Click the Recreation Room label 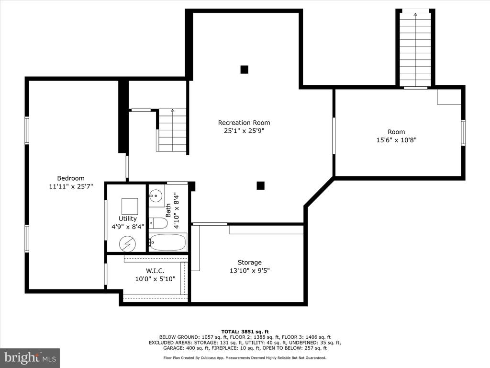[244, 123]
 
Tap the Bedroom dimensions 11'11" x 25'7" [71, 186]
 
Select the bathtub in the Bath [168, 242]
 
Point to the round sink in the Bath [156, 196]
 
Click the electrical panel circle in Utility [127, 243]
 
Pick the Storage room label [249, 262]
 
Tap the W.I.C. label [155, 271]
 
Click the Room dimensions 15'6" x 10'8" [396, 140]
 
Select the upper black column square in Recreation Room [245, 69]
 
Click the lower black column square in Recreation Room [261, 185]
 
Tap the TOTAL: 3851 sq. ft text [245, 332]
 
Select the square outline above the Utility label [130, 206]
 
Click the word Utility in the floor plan [127, 218]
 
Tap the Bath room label [168, 210]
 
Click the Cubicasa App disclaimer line [245, 357]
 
